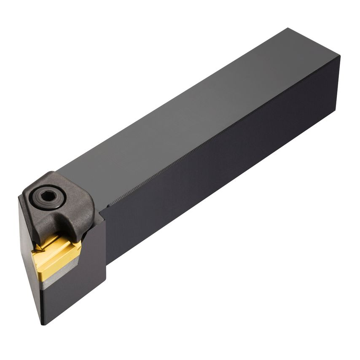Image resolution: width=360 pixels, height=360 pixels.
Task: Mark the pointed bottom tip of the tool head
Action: (x=43, y=324)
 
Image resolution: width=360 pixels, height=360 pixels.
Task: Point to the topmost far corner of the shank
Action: (x=288, y=29)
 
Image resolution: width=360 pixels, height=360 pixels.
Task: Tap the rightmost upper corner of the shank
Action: (x=339, y=56)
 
